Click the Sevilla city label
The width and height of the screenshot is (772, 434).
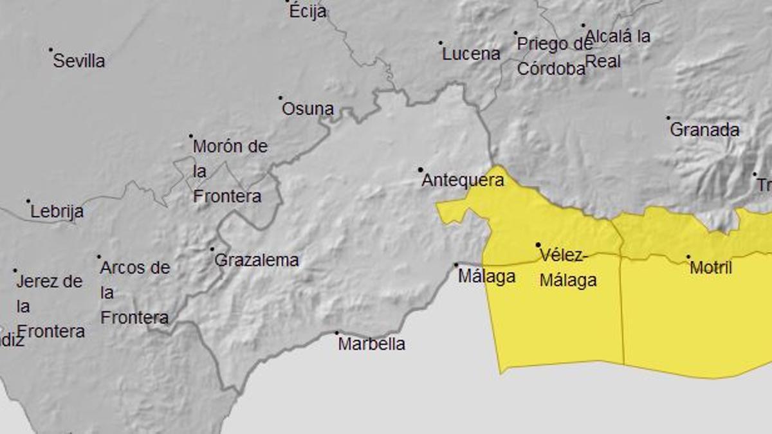point(78,62)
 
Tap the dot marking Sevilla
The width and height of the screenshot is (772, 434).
point(51,50)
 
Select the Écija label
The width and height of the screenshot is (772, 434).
point(308,12)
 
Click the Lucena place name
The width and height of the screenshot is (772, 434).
point(471,55)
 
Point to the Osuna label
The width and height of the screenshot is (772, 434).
point(308,109)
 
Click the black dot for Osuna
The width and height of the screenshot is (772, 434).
point(280,98)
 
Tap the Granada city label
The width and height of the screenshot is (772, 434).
point(704,130)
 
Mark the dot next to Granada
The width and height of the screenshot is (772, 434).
point(668,118)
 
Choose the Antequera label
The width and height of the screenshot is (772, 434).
point(463,181)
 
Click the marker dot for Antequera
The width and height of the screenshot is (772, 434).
point(421,170)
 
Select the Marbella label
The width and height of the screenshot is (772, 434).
point(371,345)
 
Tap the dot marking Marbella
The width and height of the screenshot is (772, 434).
point(336,333)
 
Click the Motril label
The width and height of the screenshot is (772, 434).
point(710,268)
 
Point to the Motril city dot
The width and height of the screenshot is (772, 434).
point(688,257)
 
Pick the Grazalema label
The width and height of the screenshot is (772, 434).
point(256,260)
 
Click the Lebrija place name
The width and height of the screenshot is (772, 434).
point(57,212)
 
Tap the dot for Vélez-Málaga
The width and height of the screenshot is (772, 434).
point(538,245)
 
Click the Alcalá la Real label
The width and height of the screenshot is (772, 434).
point(618,49)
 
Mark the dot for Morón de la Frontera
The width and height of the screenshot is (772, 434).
point(191,136)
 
